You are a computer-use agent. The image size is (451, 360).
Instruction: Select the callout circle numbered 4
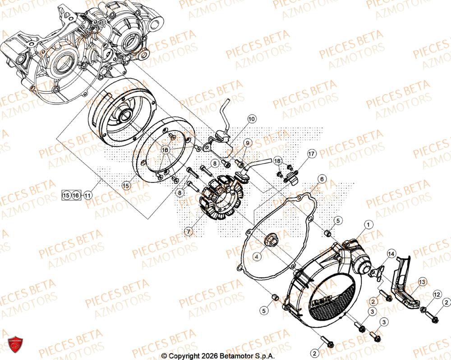click(256, 256)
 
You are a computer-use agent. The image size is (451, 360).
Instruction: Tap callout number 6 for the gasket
click(321, 179)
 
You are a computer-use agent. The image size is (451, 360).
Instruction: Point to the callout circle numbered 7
click(188, 232)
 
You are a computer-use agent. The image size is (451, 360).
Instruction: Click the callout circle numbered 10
click(251, 119)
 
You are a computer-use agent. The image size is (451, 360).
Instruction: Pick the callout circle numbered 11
click(87, 196)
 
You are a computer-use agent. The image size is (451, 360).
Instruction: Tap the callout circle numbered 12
click(424, 295)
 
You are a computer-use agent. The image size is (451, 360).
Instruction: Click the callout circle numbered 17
click(311, 154)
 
